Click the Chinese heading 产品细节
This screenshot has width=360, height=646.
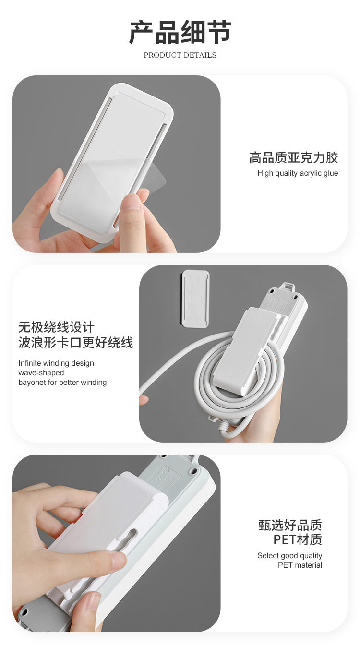pos(180,32)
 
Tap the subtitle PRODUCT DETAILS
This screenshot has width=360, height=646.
pos(180,55)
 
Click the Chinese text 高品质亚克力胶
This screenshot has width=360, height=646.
pos(293,157)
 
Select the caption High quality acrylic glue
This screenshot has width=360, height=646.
pos(298,173)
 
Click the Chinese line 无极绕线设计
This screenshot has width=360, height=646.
pos(57,327)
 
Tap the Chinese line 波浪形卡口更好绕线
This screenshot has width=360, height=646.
pos(76,343)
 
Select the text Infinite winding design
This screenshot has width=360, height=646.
pos(56,363)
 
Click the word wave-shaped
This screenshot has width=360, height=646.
pos(41,373)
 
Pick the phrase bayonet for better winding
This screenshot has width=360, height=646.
pos(62,383)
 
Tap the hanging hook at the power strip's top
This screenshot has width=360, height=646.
pos(287,287)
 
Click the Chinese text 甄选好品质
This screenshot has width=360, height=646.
pos(290,525)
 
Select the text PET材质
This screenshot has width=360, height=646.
pos(297,539)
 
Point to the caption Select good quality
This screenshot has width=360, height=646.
pos(289,556)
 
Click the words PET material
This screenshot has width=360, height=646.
pos(300,565)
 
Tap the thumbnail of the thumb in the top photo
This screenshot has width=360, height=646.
pos(133,202)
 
